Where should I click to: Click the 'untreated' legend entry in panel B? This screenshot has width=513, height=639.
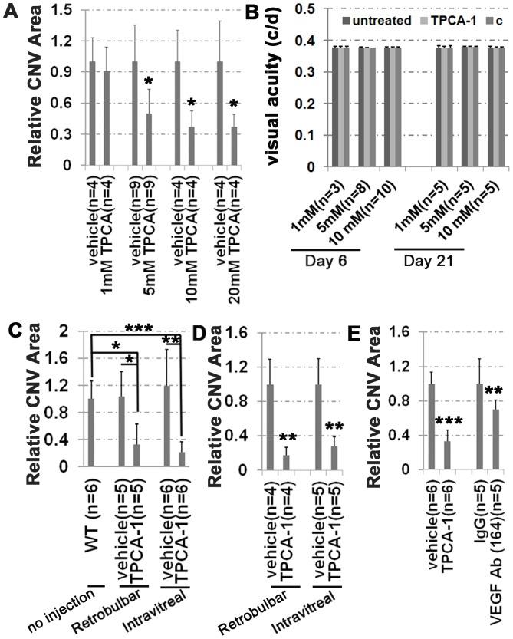coord(377,18)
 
